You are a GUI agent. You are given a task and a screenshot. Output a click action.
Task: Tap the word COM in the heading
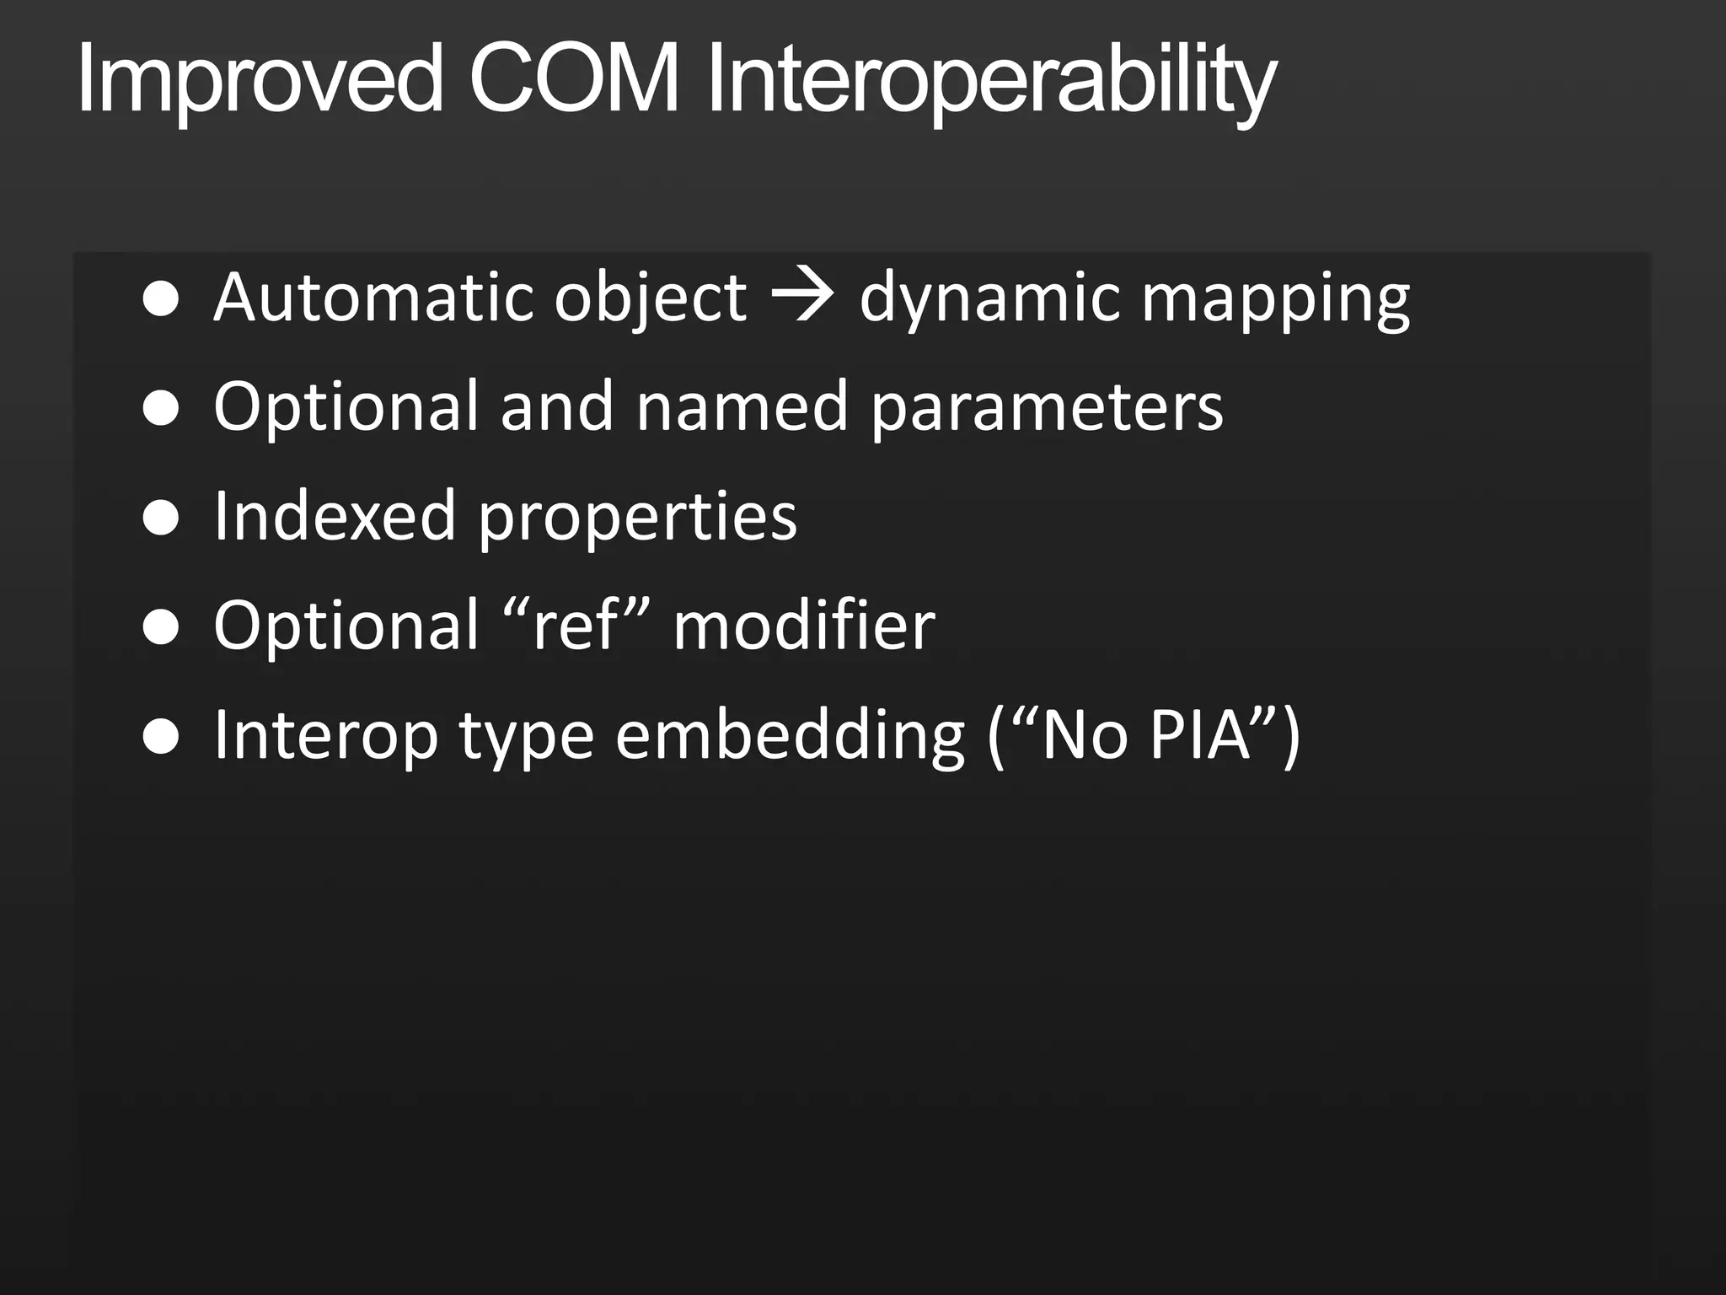[574, 79]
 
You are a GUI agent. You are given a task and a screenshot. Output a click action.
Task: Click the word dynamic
[989, 298]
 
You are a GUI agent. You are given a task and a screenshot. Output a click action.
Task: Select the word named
[741, 406]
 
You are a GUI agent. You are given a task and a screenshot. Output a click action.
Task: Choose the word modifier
[804, 625]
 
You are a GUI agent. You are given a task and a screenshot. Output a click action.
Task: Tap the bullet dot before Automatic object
[161, 298]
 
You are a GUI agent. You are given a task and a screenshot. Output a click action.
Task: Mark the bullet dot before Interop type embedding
[161, 736]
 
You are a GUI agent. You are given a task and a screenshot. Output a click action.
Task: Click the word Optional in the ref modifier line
[346, 625]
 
